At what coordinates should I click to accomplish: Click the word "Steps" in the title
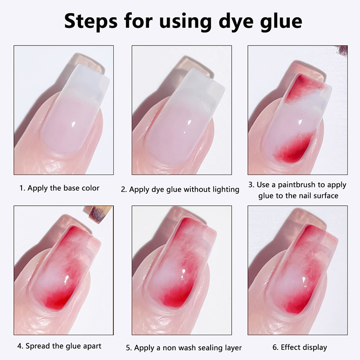point(91,21)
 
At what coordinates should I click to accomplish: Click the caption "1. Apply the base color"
point(59,188)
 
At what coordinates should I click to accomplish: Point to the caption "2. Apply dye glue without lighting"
point(180,189)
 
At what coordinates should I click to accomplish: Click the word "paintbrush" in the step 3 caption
point(299,185)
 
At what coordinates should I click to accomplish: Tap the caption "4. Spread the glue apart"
point(59,346)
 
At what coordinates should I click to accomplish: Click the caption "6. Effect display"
point(300,347)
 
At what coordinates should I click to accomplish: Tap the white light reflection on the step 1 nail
point(74,125)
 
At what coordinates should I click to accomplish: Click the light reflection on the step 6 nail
point(304,280)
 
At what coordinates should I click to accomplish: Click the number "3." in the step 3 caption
point(252,185)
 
